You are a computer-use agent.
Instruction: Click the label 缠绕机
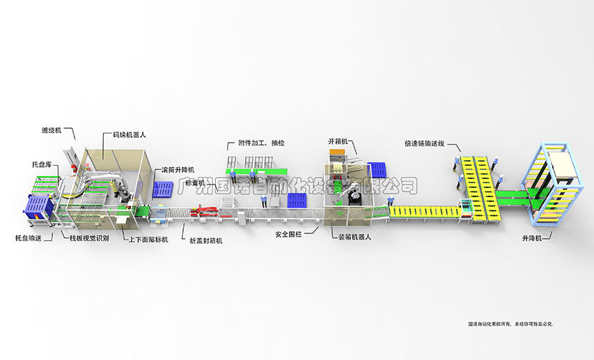53,130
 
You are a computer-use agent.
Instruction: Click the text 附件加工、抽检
256,143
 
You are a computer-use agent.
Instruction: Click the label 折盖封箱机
206,240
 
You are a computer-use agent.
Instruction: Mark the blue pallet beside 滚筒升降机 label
164,189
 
